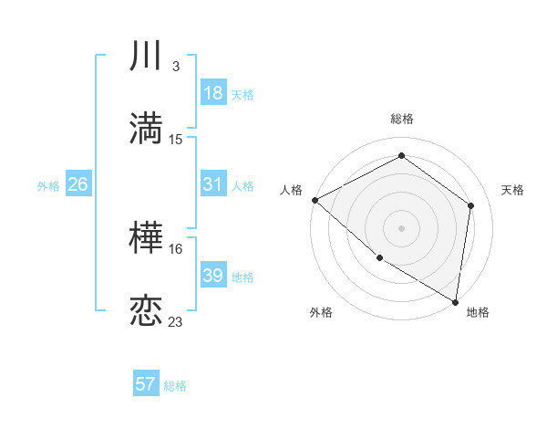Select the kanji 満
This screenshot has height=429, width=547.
pos(146,129)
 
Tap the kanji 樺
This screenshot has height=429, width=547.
pos(146,240)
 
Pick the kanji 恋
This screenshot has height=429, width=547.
pos(146,311)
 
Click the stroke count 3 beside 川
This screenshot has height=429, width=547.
pos(175,67)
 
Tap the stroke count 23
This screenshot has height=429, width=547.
pos(176,321)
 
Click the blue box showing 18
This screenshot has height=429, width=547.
pos(212,93)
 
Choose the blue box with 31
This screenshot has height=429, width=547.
pos(212,184)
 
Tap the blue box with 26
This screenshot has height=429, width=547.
pos(77,184)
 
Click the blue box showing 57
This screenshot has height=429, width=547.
pos(146,384)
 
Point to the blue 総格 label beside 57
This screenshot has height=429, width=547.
pos(175,386)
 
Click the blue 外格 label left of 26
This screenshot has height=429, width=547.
pos(48,185)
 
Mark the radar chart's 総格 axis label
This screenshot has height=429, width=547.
pos(402,119)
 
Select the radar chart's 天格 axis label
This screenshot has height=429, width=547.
pos(513,190)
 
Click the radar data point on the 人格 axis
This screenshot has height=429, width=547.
pos(315,200)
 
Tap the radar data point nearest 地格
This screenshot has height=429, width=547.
pos(456,301)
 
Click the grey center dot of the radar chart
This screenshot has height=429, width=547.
pos(401,227)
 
